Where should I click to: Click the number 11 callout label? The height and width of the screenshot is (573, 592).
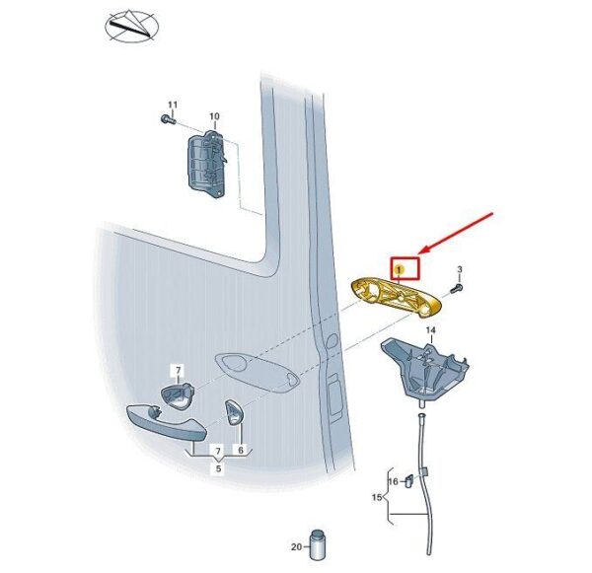tap(173, 105)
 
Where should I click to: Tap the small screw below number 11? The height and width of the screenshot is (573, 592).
tap(168, 120)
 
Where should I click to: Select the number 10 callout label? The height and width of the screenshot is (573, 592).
tap(214, 116)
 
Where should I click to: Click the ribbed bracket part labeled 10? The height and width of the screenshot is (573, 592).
tap(207, 164)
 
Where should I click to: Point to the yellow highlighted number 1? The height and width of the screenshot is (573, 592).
tap(400, 269)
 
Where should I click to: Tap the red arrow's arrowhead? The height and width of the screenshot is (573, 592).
tap(426, 250)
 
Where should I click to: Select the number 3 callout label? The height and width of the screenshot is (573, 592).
tap(460, 269)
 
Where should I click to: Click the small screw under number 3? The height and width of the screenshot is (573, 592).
tap(457, 290)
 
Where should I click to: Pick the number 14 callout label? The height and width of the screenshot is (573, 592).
tap(431, 330)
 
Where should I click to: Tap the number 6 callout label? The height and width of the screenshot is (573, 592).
tap(241, 450)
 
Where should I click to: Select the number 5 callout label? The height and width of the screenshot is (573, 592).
tap(218, 468)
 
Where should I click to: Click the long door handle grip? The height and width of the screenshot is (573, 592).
tap(166, 423)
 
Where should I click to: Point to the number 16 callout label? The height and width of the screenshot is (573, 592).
tap(393, 481)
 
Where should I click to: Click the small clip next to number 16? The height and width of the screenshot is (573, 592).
tap(408, 481)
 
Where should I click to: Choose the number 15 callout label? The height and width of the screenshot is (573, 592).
tap(377, 497)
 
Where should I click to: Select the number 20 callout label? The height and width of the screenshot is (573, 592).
tap(297, 546)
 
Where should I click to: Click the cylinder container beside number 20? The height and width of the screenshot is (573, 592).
tap(317, 545)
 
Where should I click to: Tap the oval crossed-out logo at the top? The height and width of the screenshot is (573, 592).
tap(131, 26)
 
